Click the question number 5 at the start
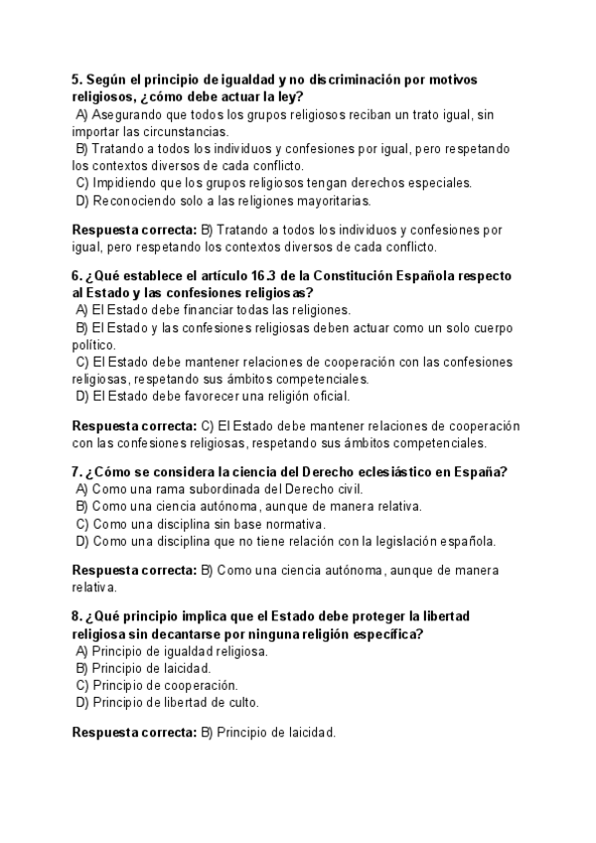(76, 79)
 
